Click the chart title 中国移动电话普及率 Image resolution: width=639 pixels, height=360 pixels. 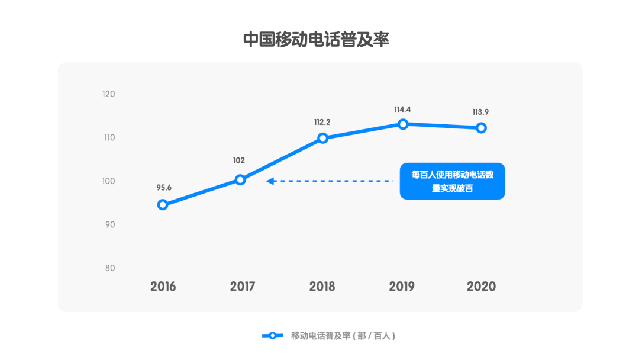[317, 40]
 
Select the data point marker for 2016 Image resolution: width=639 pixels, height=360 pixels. [163, 205]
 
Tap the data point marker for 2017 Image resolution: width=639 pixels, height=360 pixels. [240, 180]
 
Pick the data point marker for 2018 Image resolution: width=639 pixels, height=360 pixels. [323, 138]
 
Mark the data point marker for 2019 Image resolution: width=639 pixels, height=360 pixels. [403, 124]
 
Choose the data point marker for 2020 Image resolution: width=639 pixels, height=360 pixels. [482, 128]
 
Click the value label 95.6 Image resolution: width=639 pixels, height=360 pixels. [164, 188]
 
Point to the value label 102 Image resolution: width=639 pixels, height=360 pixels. [239, 160]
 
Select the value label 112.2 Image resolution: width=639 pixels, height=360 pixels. [322, 123]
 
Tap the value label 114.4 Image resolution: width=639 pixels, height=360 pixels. [402, 110]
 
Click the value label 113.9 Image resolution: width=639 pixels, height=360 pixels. [480, 112]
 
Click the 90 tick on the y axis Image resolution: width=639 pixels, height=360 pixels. [110, 224]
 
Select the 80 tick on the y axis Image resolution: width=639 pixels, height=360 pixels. [110, 268]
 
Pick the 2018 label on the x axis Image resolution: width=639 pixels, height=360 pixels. [322, 287]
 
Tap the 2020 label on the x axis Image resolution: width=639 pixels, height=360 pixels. [481, 287]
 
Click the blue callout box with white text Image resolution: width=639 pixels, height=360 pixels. [453, 181]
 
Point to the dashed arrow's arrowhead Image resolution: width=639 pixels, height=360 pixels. [270, 181]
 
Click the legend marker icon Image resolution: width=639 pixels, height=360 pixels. [272, 336]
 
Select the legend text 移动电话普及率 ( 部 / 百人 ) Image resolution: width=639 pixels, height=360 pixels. [343, 336]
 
